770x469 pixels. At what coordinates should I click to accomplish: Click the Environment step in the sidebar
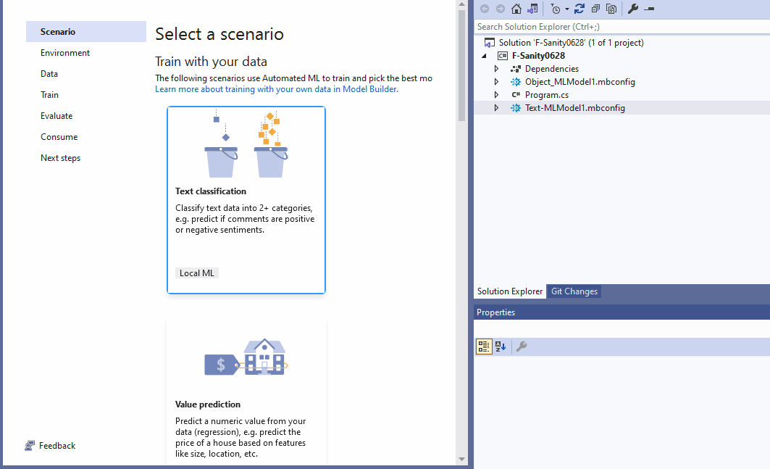65,53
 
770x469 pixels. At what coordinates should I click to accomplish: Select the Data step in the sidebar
49,74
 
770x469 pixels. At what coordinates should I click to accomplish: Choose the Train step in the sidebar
50,95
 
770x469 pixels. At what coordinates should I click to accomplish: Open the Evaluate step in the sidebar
57,116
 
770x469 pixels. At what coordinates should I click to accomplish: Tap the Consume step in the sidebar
59,137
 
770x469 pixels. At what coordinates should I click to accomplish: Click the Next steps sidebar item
60,158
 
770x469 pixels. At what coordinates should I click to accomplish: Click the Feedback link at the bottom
57,446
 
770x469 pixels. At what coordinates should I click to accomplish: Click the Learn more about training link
276,89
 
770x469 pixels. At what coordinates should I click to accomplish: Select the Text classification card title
211,191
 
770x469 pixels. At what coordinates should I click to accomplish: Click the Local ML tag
197,273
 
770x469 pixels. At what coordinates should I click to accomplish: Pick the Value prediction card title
208,404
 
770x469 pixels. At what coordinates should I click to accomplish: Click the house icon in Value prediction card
264,357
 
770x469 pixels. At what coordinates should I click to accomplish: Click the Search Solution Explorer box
622,27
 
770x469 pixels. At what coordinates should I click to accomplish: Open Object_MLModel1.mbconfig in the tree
579,82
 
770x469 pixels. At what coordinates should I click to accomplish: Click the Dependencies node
551,69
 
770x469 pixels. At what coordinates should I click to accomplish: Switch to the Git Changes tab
574,291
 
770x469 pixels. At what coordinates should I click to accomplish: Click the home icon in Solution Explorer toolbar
516,9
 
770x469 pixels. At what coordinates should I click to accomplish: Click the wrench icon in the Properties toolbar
521,346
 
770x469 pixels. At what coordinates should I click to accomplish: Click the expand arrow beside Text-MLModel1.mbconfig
496,108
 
